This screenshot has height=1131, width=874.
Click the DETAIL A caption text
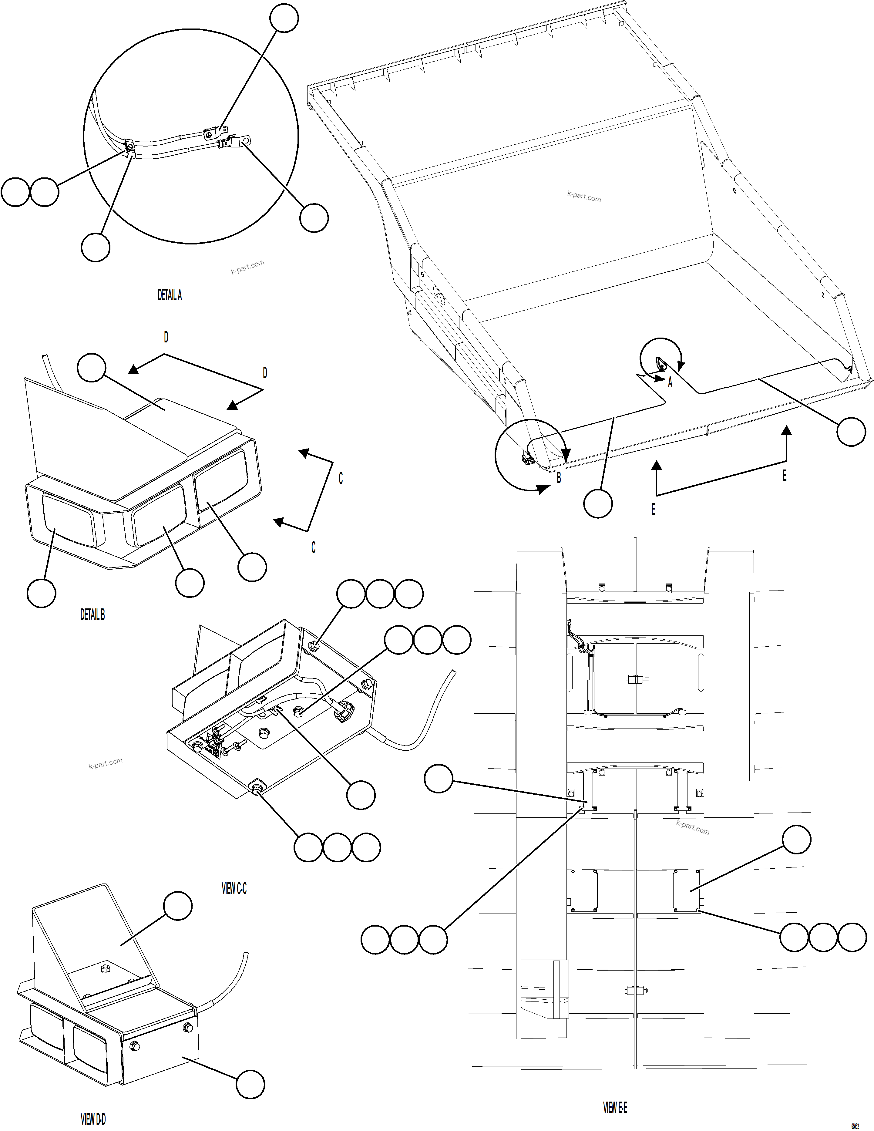(169, 295)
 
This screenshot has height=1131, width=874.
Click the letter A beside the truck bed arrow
(670, 383)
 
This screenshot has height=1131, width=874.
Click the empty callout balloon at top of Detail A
(284, 18)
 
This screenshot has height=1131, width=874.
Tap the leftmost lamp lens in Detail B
(67, 520)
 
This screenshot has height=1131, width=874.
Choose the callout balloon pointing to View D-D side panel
(250, 1084)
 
